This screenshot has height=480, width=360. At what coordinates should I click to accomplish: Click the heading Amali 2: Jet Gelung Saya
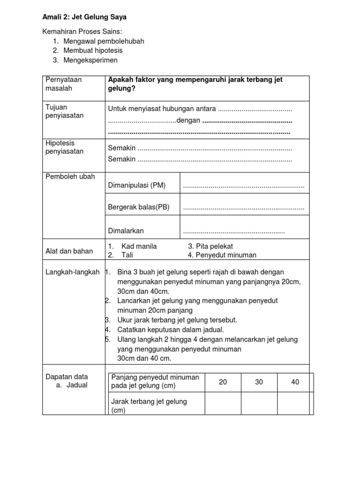(85, 17)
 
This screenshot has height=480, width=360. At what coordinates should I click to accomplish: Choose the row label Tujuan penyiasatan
(64, 112)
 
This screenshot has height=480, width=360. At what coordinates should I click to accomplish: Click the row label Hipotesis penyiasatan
(64, 147)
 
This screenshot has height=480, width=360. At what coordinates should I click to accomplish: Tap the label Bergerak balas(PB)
(139, 207)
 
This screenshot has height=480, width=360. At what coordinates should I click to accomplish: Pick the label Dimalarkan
(126, 231)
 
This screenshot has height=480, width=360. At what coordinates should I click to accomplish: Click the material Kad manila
(139, 246)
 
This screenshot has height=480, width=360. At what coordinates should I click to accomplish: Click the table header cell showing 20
(223, 382)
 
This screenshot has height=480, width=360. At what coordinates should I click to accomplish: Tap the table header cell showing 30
(259, 382)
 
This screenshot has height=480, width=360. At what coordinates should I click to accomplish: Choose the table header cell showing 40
(295, 382)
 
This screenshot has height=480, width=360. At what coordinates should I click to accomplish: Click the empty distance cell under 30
(259, 403)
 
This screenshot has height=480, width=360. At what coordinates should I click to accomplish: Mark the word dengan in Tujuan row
(189, 120)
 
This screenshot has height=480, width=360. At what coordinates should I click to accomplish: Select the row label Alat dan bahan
(69, 251)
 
